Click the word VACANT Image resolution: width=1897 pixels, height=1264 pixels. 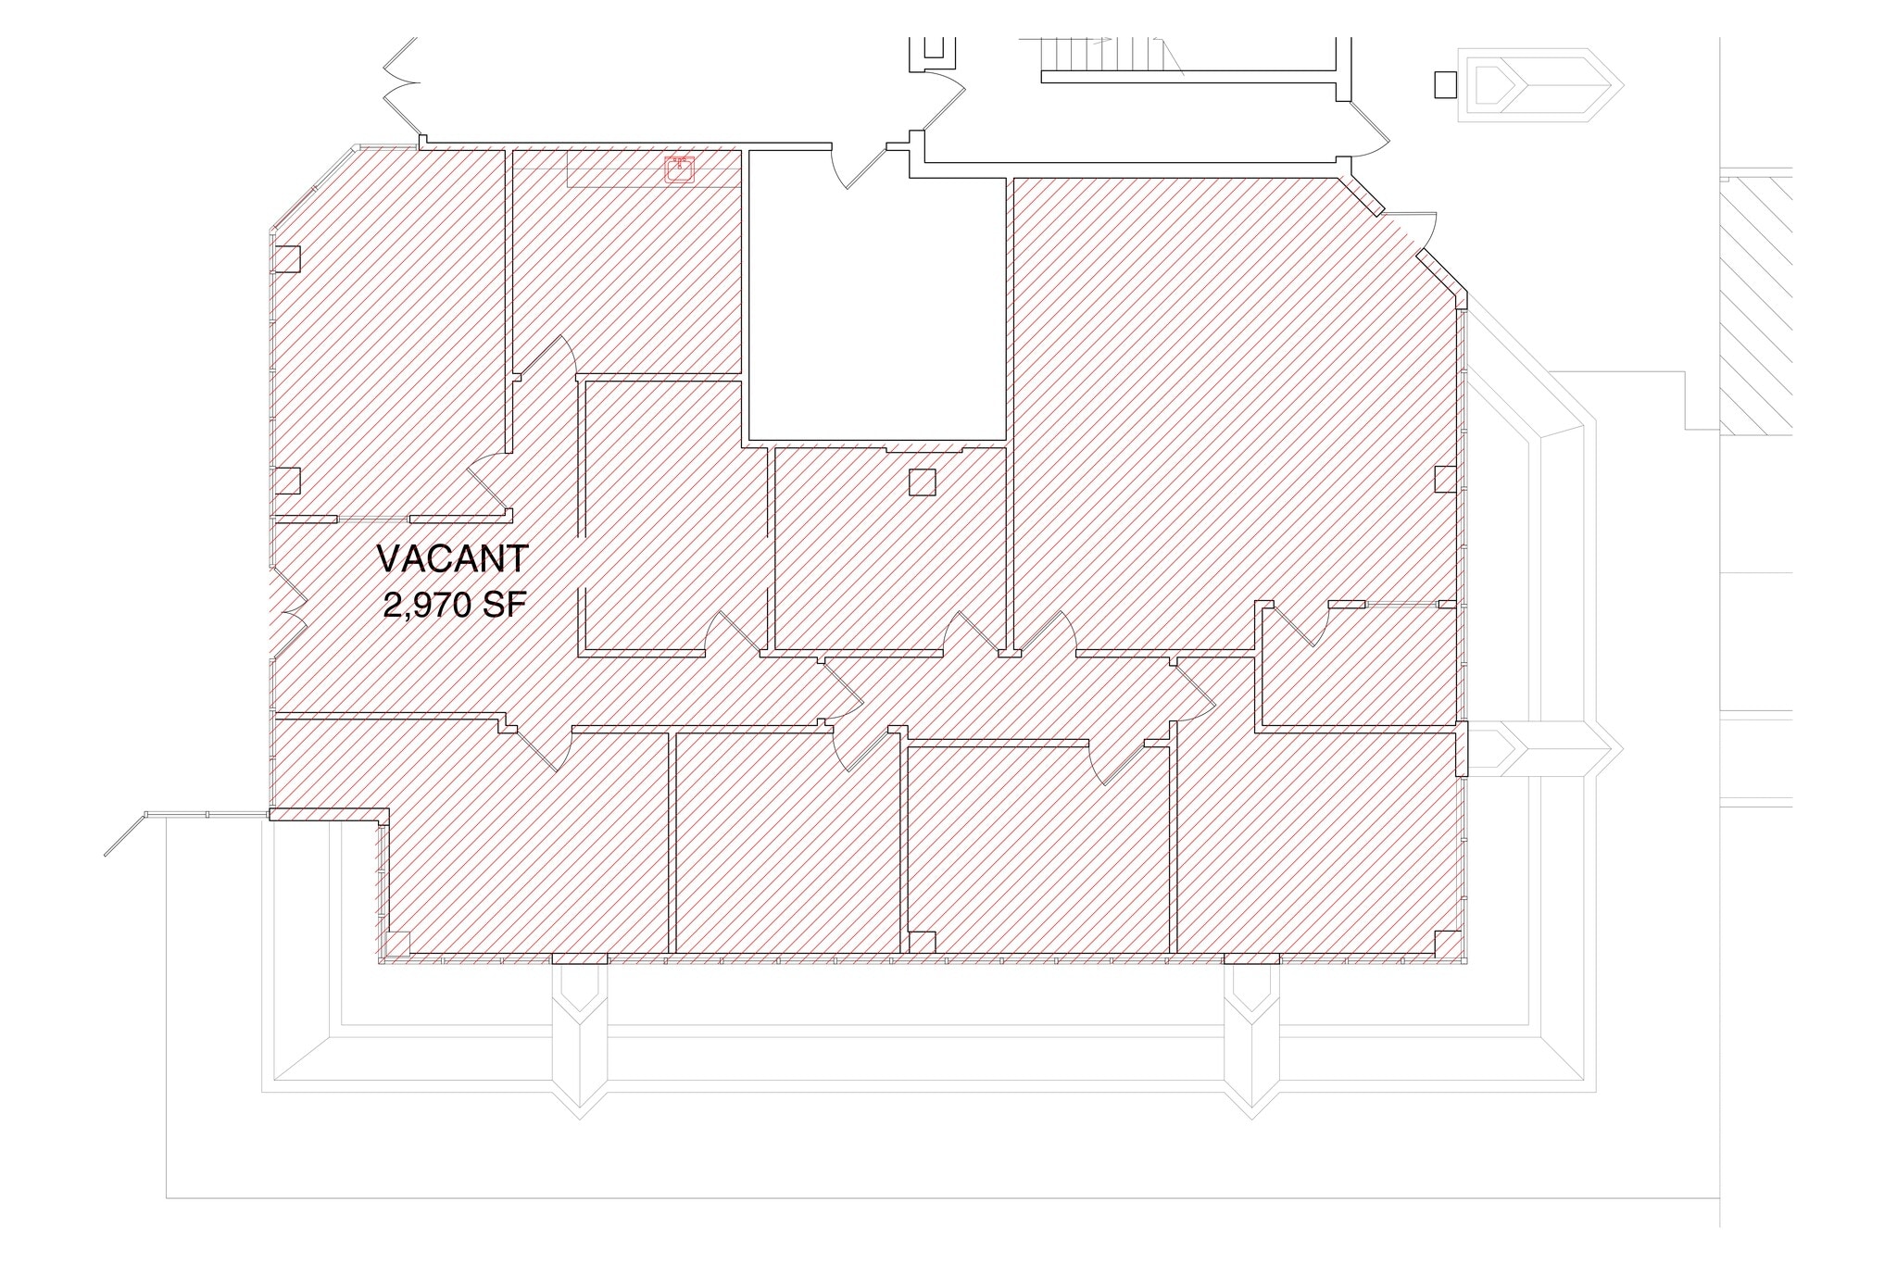coord(452,559)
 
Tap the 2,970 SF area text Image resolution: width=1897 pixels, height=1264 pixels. coord(454,606)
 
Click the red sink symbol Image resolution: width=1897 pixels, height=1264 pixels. coord(681,170)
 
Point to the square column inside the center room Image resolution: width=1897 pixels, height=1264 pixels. coord(922,482)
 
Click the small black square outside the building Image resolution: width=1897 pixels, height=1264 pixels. coord(1445,84)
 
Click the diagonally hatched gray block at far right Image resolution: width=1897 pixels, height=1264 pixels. coord(1756,306)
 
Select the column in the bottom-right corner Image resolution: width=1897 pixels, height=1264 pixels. coord(1447,943)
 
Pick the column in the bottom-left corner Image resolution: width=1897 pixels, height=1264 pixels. coord(397,943)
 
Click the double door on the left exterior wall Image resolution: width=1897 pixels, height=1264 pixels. coord(289,611)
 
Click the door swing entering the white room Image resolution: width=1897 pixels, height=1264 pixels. coord(857,167)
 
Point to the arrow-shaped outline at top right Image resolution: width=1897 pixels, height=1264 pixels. coord(1538,85)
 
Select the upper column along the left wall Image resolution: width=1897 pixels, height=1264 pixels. coord(288,258)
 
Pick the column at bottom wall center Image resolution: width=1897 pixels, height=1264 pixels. coord(922,943)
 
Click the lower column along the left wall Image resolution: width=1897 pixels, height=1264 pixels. coord(288,481)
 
